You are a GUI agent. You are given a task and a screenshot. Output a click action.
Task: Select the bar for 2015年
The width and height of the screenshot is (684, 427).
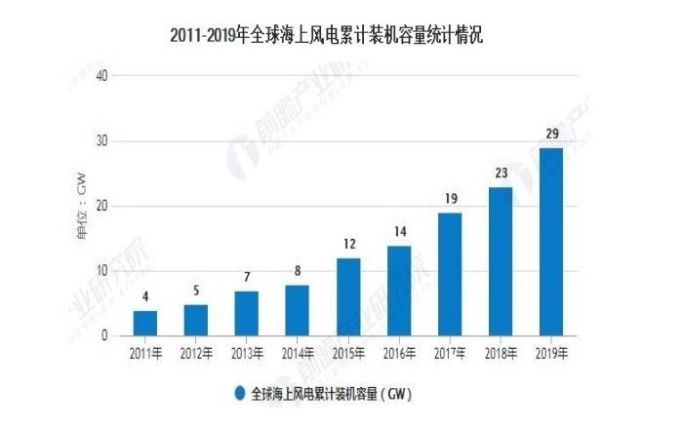(347, 296)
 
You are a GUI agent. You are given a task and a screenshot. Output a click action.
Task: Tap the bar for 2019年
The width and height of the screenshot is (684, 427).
(551, 242)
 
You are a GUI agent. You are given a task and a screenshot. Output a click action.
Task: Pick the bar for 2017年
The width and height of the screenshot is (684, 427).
(450, 274)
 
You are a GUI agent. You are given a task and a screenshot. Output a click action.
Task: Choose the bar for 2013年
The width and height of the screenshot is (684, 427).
(246, 313)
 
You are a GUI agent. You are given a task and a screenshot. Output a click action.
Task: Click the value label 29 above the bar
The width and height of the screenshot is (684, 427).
(551, 134)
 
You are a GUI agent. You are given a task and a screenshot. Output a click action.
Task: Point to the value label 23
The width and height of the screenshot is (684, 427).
(501, 174)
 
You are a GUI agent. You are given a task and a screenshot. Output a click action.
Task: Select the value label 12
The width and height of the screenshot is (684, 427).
(347, 245)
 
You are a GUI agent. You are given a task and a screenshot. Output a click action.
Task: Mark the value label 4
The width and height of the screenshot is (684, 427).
(144, 297)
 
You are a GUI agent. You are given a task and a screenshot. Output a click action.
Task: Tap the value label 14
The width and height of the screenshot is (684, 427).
(398, 232)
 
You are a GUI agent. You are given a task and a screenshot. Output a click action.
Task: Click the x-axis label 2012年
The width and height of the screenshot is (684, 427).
(195, 352)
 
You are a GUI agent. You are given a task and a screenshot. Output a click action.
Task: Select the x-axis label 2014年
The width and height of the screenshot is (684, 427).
(297, 352)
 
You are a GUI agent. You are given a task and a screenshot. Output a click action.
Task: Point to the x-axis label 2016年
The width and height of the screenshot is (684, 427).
(398, 352)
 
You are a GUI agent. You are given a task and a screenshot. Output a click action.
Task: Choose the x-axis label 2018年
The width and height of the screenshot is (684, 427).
(501, 352)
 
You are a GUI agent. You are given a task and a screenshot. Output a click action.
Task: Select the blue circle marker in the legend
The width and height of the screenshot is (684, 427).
(238, 394)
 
